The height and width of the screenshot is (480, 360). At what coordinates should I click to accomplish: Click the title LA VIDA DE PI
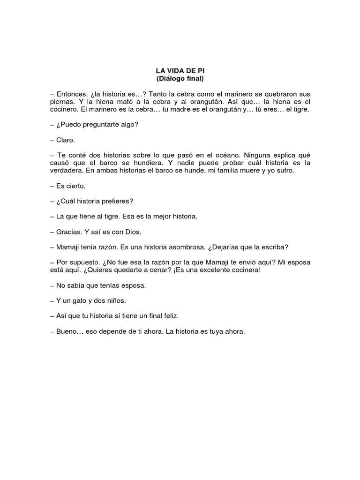pyautogui.click(x=180, y=70)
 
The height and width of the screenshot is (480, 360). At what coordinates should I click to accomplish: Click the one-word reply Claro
pyautogui.click(x=65, y=140)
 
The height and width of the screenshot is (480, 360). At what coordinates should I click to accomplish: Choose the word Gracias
pyautogui.click(x=69, y=232)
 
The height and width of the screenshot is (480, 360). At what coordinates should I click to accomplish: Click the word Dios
pyautogui.click(x=132, y=232)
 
